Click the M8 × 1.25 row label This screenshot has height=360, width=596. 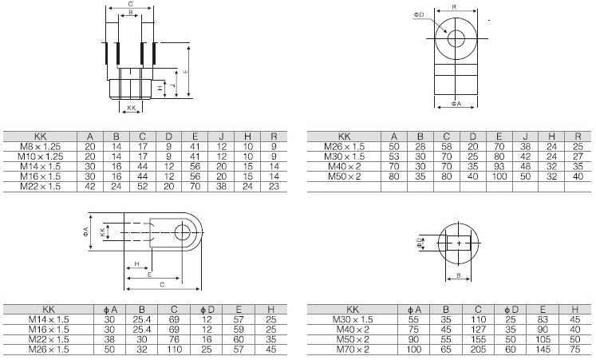40,146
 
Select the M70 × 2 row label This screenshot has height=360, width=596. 353,349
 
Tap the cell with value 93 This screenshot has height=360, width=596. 499,166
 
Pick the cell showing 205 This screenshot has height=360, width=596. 478,349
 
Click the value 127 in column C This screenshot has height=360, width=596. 478,329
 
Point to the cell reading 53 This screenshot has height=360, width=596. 394,156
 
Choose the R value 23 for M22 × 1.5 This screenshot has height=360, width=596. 274,186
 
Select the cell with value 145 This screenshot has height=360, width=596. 543,349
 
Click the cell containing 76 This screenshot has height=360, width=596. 174,339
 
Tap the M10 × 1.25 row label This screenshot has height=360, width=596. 40,156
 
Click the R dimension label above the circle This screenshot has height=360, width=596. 454,7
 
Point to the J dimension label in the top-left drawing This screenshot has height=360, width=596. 172,85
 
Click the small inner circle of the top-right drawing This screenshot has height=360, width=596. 456,38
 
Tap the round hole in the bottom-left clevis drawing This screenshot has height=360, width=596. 183,232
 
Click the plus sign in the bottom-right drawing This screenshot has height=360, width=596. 459,243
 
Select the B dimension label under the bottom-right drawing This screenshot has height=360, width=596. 459,275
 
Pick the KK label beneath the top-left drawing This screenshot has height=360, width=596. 131,108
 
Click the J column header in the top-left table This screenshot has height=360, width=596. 222,136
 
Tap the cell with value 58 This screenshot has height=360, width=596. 447,146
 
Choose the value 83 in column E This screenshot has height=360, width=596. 543,319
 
